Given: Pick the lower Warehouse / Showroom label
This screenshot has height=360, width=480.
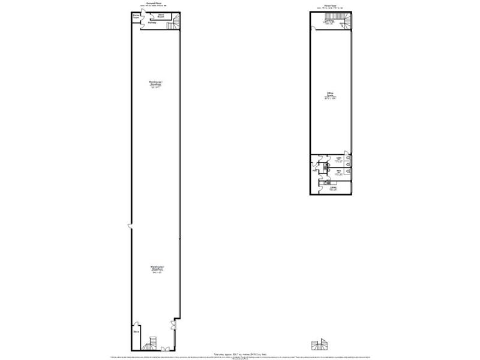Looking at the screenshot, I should [x=157, y=269].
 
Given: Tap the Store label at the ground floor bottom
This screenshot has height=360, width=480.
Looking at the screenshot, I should [x=136, y=329].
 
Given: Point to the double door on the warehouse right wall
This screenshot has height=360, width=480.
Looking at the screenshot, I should [x=174, y=325].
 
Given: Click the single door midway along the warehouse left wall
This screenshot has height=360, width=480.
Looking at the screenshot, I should [x=130, y=226].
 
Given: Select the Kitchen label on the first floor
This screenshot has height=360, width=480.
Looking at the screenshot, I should [x=332, y=188].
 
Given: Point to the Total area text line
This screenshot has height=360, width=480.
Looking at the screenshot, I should [x=240, y=354].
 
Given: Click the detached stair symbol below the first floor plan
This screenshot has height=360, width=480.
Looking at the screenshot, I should [x=319, y=344].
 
